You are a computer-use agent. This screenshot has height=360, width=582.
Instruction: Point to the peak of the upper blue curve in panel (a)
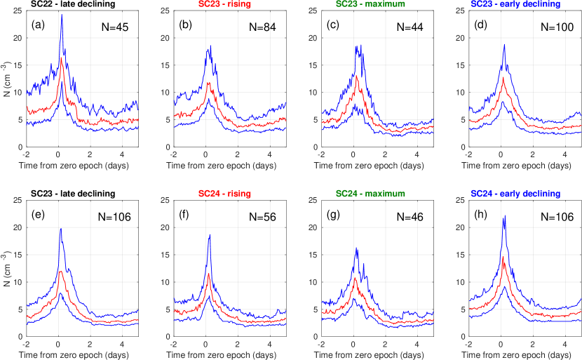coord(62,15)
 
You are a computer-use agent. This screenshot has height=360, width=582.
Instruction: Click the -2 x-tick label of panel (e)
coord(26,345)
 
